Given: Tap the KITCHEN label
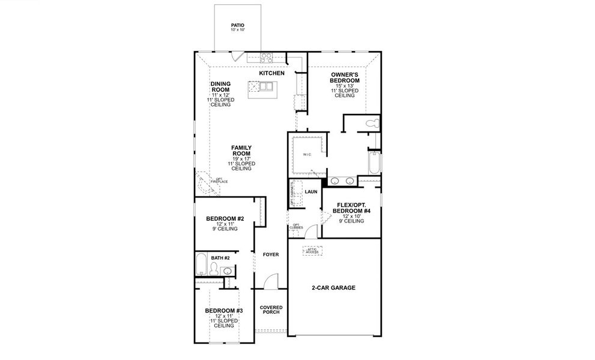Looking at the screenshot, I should point(271,73).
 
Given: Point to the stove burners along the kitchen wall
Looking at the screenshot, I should point(267,58).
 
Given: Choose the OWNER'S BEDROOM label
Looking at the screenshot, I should point(345,77).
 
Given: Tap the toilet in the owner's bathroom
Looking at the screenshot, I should point(372,124).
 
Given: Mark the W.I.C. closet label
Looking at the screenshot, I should point(307,154).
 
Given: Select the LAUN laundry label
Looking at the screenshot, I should point(310,192).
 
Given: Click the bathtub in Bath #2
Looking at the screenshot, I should point(202,264).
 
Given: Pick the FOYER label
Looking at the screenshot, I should point(271,254).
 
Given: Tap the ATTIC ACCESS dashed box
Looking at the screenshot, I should point(312,251).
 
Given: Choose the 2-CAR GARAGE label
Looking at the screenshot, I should point(333,288).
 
